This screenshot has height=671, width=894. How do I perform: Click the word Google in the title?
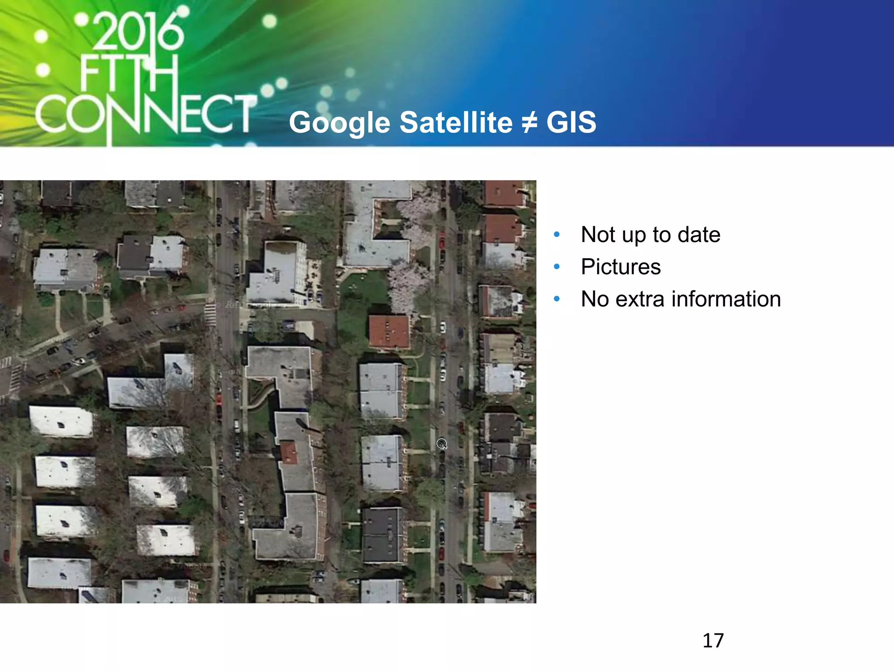pos(340,123)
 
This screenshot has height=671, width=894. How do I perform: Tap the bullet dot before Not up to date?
pos(557,235)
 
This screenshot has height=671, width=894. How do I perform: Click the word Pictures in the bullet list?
pos(621,267)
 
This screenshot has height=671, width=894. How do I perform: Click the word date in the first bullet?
pos(699,235)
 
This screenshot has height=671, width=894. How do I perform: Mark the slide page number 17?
pos(713,640)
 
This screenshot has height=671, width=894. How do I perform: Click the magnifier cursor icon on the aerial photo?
pos(442,444)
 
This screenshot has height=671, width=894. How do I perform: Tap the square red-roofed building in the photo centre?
pos(389,332)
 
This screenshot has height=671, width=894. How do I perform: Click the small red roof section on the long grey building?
pos(289,453)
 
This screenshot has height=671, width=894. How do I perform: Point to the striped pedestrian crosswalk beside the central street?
pos(210,315)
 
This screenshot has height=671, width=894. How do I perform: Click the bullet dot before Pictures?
pos(557,267)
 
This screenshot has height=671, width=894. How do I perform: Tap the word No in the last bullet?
pos(595,299)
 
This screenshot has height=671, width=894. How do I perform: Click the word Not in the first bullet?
pos(598,235)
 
